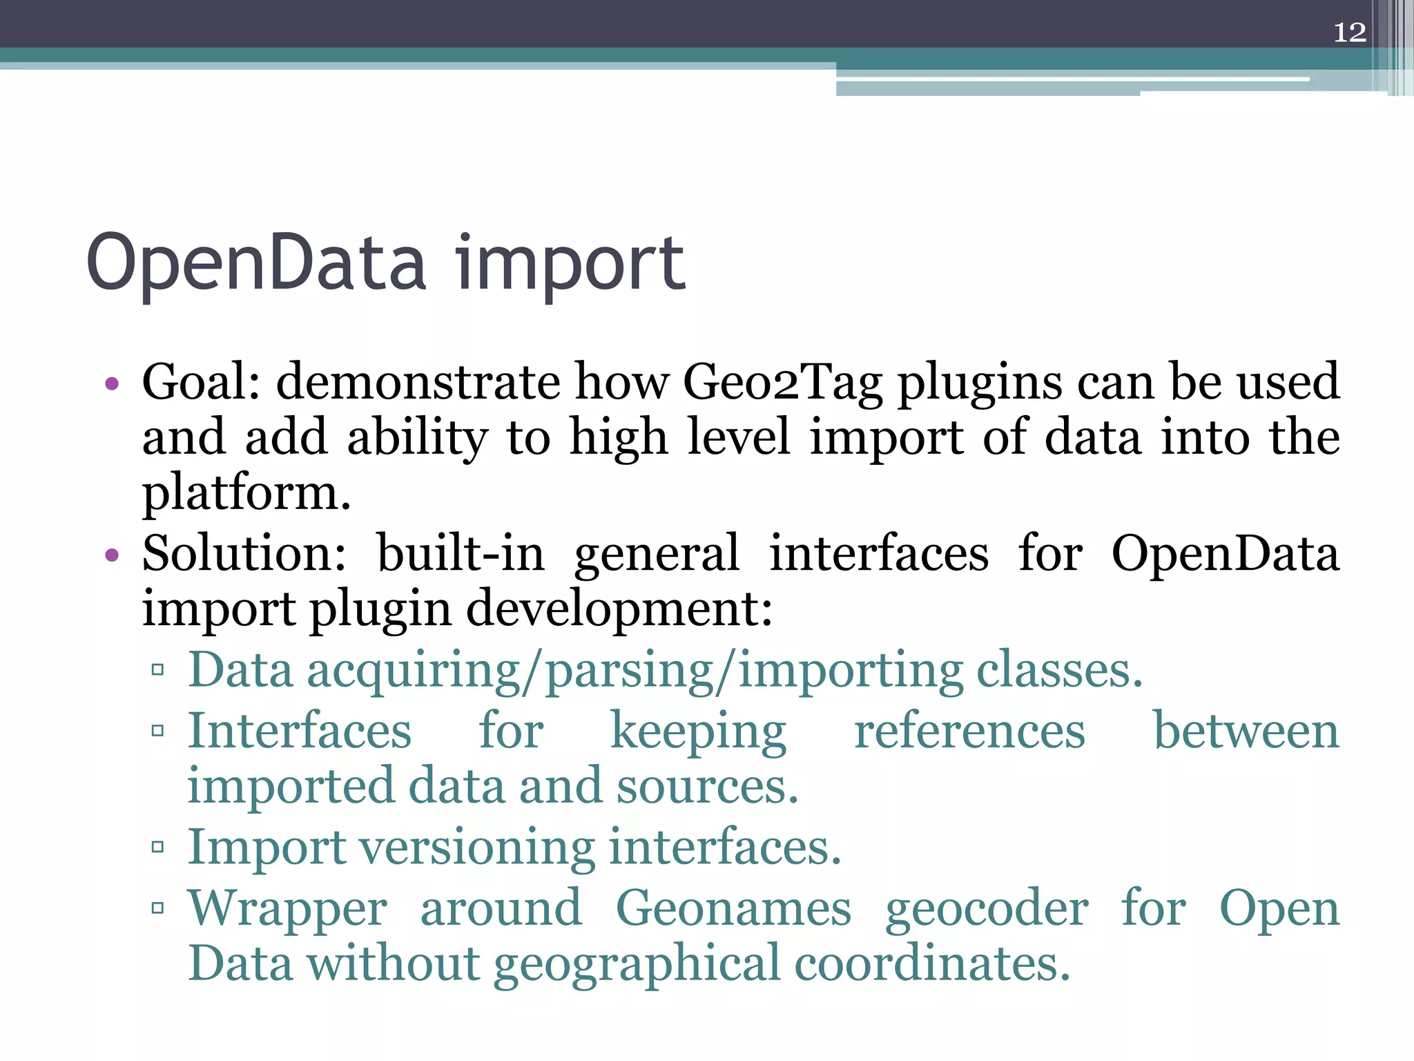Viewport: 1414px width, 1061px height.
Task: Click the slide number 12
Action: click(x=1349, y=32)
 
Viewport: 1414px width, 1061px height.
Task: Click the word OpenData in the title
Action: click(x=256, y=264)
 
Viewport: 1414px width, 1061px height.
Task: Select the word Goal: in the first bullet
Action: click(x=201, y=381)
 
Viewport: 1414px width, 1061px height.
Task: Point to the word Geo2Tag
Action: click(x=783, y=383)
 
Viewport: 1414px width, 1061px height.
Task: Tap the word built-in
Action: click(x=461, y=553)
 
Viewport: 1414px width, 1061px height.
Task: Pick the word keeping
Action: click(x=698, y=732)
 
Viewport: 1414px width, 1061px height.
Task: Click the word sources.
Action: click(x=707, y=787)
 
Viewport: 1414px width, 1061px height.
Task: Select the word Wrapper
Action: click(x=287, y=908)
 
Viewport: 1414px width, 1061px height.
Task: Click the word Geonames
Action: click(x=733, y=908)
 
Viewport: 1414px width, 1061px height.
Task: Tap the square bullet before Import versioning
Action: click(x=158, y=847)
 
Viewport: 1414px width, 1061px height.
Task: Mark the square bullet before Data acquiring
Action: click(x=158, y=669)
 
